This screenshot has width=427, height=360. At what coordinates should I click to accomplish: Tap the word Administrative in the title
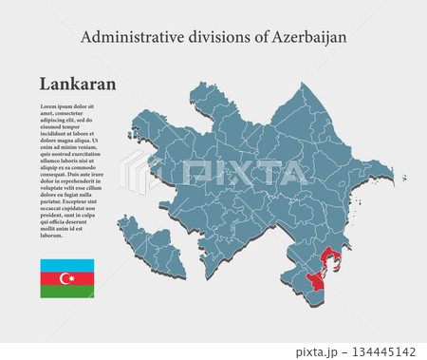click(x=124, y=37)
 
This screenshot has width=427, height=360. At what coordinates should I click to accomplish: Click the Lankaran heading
click(x=78, y=84)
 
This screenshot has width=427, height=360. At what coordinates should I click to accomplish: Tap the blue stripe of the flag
click(x=66, y=265)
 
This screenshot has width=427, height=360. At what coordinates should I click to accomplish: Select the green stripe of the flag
click(x=66, y=292)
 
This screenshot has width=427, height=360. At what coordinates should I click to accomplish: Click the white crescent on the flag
click(x=65, y=278)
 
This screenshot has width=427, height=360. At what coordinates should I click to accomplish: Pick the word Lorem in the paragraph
click(x=51, y=106)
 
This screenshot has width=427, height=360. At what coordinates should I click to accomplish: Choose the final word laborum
click(x=53, y=234)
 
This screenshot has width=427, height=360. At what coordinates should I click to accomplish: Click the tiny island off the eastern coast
click(x=403, y=178)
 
